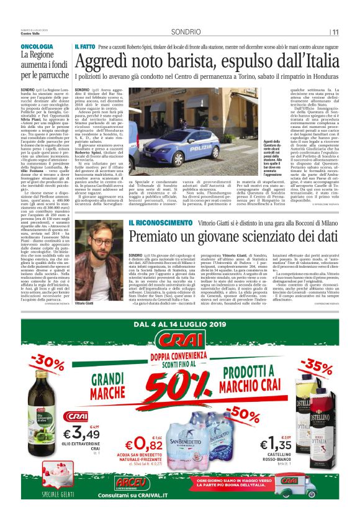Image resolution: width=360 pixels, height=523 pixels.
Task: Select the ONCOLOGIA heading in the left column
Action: tap(37, 47)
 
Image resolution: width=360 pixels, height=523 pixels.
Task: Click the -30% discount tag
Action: tap(49, 363)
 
